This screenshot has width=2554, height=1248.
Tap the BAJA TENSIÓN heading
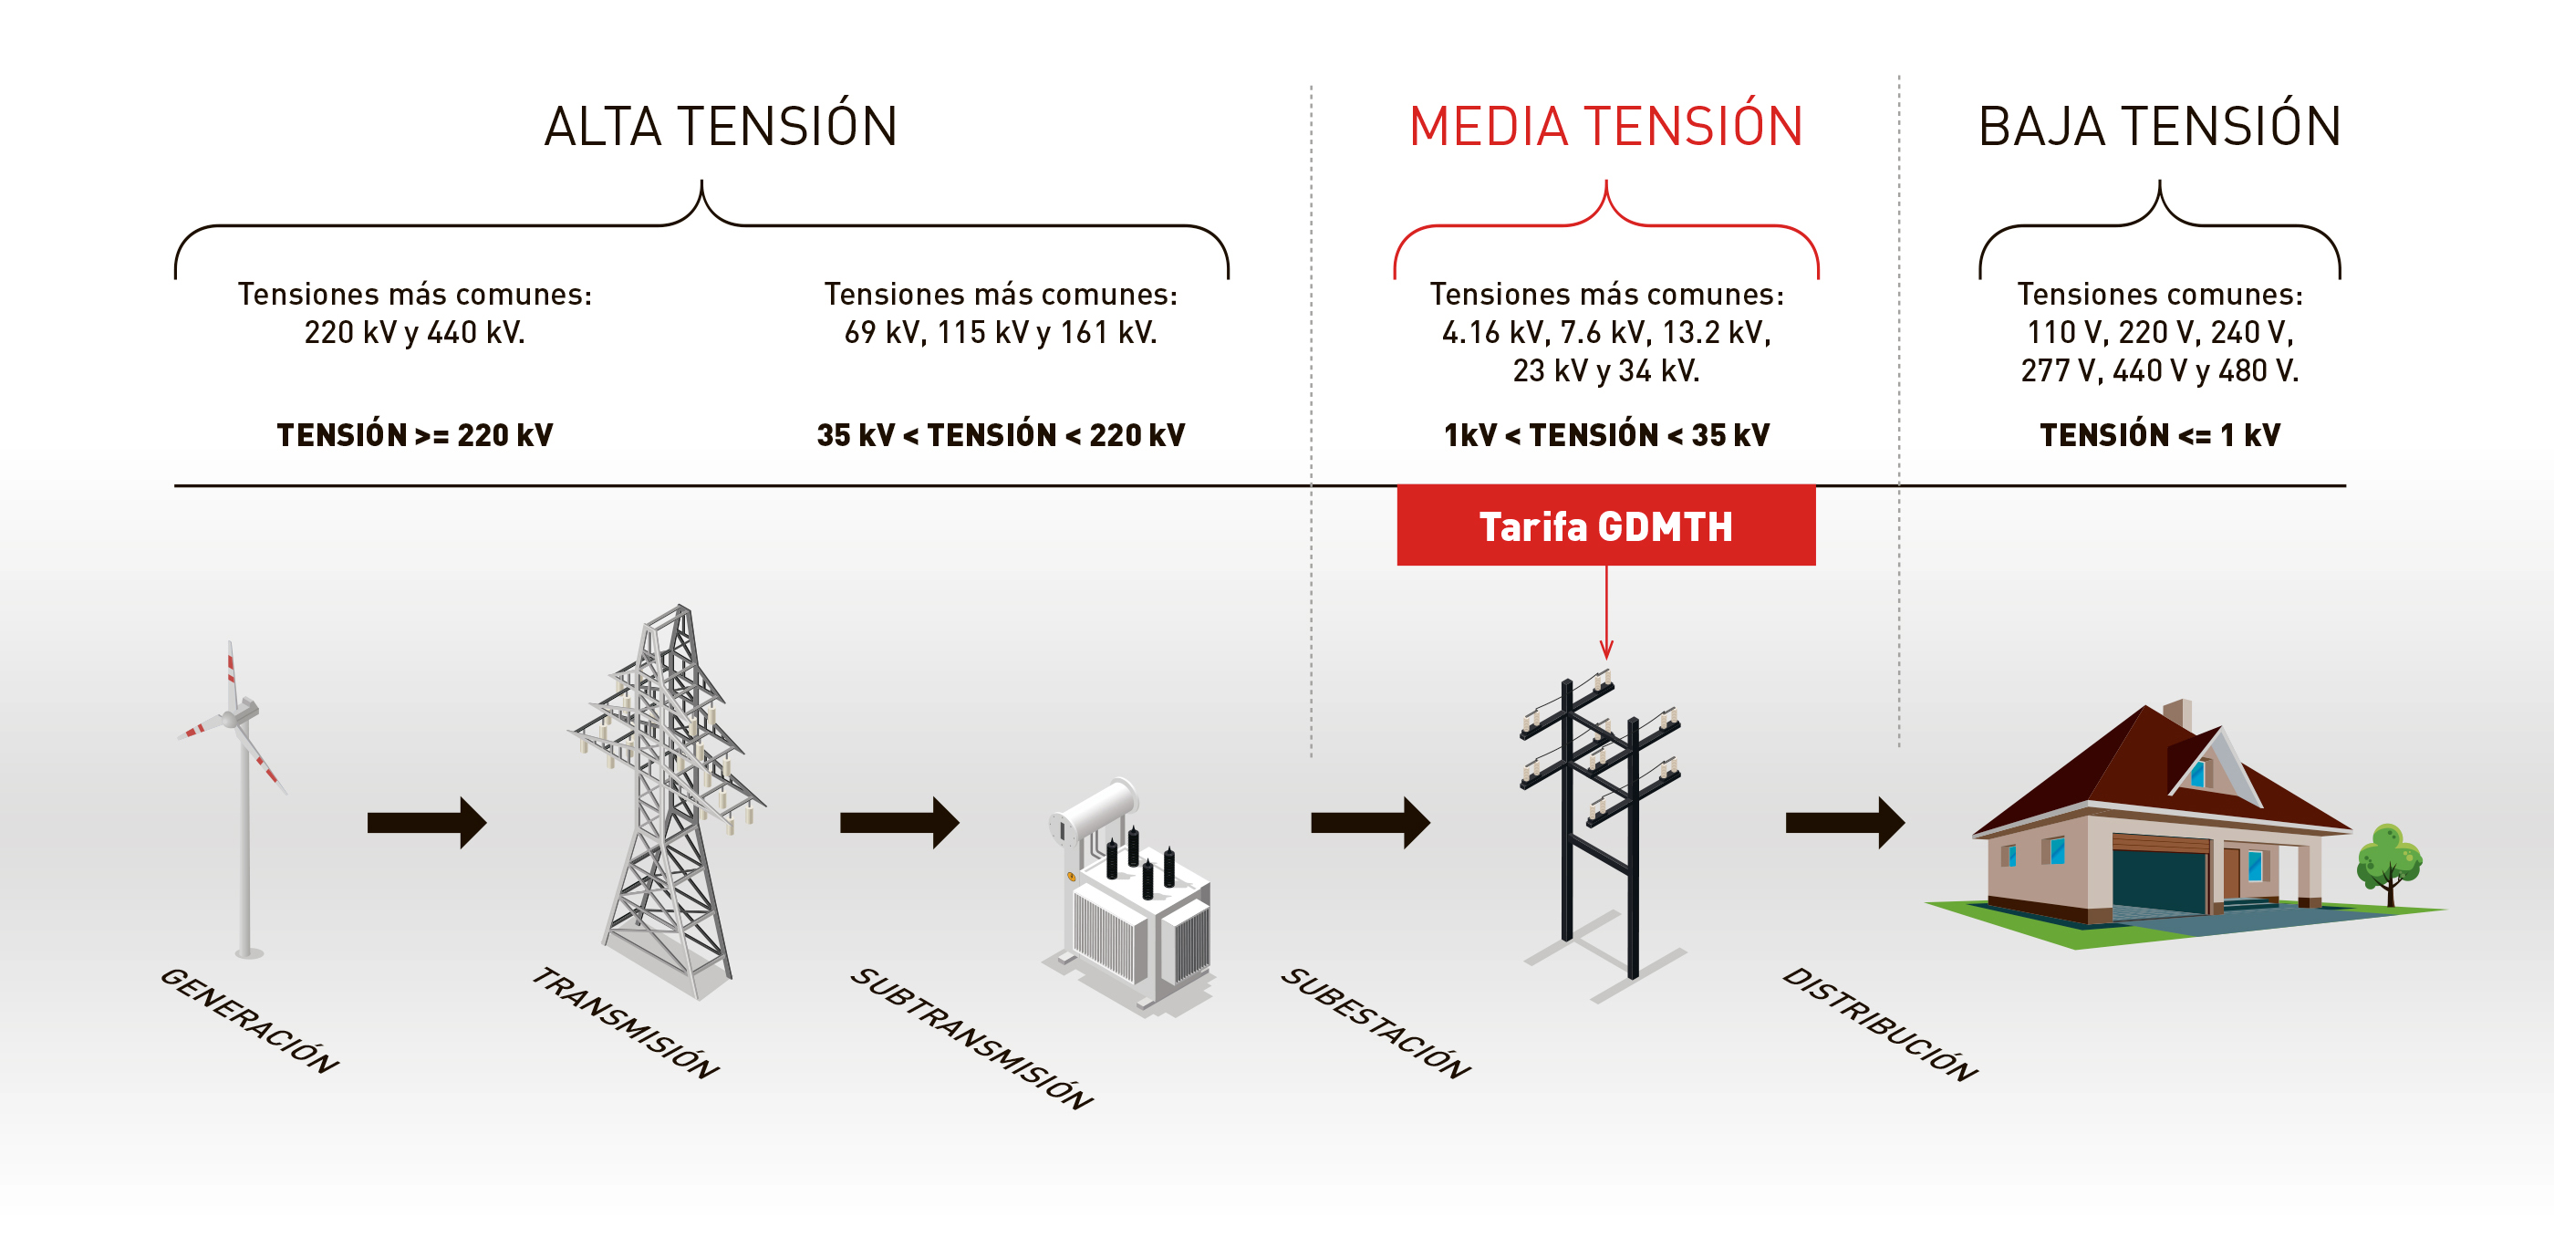click(x=2159, y=126)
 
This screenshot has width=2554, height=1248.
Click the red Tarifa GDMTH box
click(x=1606, y=525)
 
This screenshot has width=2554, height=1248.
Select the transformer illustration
click(x=1130, y=897)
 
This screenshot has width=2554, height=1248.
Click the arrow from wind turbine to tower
click(x=426, y=822)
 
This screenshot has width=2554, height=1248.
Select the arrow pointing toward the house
click(x=1845, y=822)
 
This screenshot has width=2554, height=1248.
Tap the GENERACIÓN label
click(x=249, y=1020)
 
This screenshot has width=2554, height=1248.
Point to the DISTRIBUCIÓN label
click(x=1880, y=1023)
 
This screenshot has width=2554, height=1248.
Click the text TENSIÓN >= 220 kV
click(x=414, y=434)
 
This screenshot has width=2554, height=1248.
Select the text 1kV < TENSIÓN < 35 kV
click(x=1606, y=434)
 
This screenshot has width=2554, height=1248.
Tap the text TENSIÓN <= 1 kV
click(x=2159, y=434)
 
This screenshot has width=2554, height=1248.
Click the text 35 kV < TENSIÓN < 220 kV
click(x=1001, y=434)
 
